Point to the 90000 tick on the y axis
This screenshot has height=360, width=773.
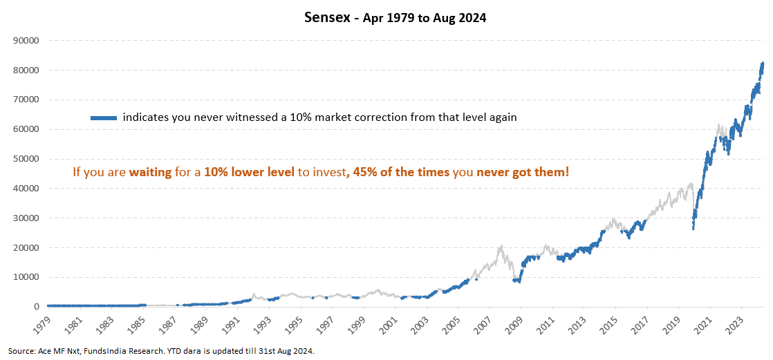(26, 40)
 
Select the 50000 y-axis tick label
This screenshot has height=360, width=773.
(26, 159)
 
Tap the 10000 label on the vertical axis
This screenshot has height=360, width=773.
(26, 277)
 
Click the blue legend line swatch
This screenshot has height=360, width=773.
(104, 118)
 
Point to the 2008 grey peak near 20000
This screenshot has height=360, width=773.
(500, 245)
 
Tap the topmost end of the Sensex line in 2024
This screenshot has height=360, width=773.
(763, 63)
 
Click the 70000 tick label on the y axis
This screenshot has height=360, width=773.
(26, 100)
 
